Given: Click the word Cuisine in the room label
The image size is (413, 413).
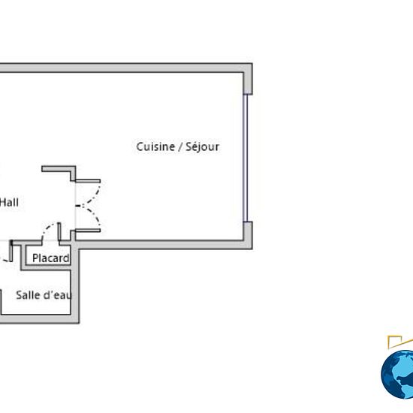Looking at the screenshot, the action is pyautogui.click(x=155, y=146).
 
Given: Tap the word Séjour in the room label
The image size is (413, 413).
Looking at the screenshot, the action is pyautogui.click(x=202, y=147).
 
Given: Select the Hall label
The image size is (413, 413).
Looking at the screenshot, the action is pyautogui.click(x=9, y=203).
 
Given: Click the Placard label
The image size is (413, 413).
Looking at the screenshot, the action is pyautogui.click(x=51, y=258).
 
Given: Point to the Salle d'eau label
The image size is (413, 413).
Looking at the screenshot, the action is pyautogui.click(x=44, y=295).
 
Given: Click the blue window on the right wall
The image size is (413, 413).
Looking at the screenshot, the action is pyautogui.click(x=246, y=158).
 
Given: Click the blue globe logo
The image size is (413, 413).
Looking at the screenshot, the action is pyautogui.click(x=398, y=374).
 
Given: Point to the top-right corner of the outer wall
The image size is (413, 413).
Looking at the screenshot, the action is pyautogui.click(x=252, y=63).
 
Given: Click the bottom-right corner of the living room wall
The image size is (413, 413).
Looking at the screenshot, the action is pyautogui.click(x=252, y=249).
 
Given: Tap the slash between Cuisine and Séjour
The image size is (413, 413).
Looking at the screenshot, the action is pyautogui.click(x=180, y=147).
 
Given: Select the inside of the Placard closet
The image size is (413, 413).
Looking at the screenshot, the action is pyautogui.click(x=48, y=255).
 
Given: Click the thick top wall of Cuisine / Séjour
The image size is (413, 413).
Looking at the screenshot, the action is pyautogui.click(x=124, y=68).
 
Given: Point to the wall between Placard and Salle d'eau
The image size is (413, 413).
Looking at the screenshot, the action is pyautogui.click(x=46, y=267).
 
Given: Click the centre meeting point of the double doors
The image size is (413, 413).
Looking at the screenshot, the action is pyautogui.click(x=83, y=206).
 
